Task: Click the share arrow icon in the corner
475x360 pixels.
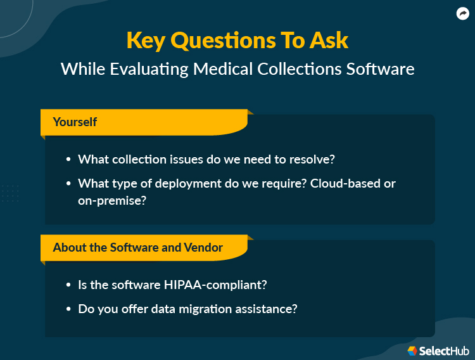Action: click(x=462, y=13)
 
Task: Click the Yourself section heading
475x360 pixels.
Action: click(x=75, y=122)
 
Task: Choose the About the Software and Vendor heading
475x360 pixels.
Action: click(x=137, y=247)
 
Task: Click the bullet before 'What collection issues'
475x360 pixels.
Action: click(x=68, y=160)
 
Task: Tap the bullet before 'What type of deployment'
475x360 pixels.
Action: click(x=68, y=184)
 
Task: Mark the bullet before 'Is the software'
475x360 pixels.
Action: click(x=68, y=286)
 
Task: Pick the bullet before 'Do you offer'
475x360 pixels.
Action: click(x=68, y=310)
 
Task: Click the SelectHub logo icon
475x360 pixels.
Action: click(x=412, y=350)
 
